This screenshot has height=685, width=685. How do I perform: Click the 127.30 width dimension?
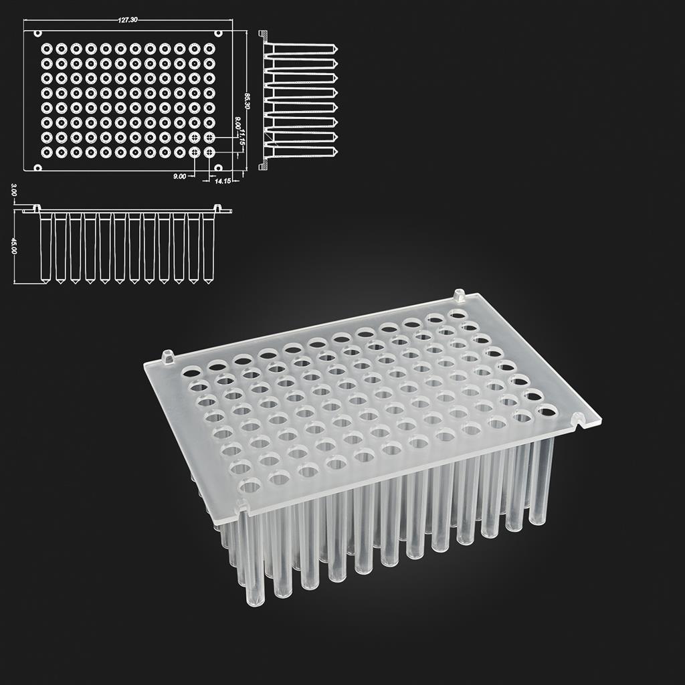[x=128, y=20]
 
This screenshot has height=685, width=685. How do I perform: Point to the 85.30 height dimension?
[x=247, y=102]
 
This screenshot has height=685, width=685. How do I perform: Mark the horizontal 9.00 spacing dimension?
[x=180, y=176]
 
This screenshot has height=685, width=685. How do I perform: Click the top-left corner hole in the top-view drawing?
[x=37, y=33]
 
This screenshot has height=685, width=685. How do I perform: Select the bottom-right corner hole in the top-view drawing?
[x=219, y=168]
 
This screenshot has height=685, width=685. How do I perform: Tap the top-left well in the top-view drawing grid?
[x=47, y=48]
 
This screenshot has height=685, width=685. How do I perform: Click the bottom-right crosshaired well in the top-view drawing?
[x=209, y=153]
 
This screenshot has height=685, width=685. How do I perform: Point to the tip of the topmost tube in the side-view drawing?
[x=335, y=50]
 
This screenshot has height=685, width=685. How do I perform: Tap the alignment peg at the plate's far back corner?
[x=459, y=294]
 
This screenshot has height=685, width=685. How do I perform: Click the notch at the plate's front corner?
[x=241, y=509]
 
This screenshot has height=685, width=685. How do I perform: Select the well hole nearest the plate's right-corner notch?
[x=546, y=409]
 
